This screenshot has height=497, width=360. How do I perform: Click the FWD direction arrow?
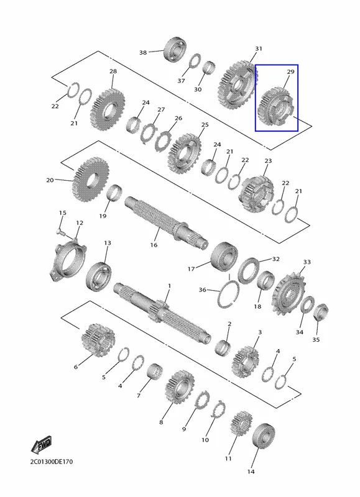pyautogui.click(x=41, y=445)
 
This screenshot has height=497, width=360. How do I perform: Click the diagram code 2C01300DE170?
pyautogui.click(x=52, y=462)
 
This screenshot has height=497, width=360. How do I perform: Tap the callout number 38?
pyautogui.click(x=143, y=52)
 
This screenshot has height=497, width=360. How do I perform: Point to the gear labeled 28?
pyautogui.click(x=107, y=109)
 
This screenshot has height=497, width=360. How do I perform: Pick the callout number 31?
pyautogui.click(x=259, y=48)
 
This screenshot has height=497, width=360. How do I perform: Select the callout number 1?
pyautogui.click(x=169, y=286)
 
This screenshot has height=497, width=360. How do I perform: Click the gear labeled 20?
pyautogui.click(x=91, y=179)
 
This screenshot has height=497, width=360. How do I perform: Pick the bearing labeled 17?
pyautogui.click(x=224, y=257)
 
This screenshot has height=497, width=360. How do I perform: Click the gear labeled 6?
pyautogui.click(x=98, y=340)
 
